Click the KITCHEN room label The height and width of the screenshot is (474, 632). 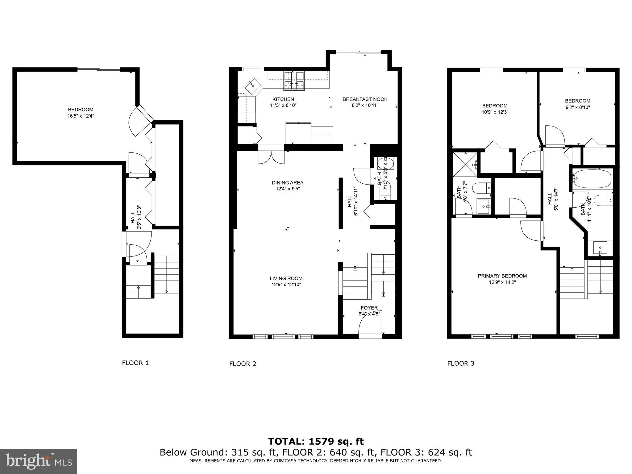click(x=283, y=99)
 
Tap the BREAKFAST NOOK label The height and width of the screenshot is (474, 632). click(x=365, y=99)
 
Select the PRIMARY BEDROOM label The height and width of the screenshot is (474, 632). click(x=502, y=276)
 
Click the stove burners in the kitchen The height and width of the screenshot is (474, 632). click(x=294, y=81)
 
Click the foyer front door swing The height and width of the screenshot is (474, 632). click(x=370, y=326)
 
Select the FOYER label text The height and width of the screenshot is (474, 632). click(x=369, y=308)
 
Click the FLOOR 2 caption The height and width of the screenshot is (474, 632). click(x=243, y=364)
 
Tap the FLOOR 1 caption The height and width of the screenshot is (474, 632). click(x=135, y=363)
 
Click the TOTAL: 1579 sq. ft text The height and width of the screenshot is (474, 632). click(x=316, y=441)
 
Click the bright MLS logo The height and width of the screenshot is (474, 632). click(x=38, y=461)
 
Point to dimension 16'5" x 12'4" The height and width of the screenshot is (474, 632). click(x=81, y=116)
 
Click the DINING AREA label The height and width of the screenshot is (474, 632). click(x=287, y=183)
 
